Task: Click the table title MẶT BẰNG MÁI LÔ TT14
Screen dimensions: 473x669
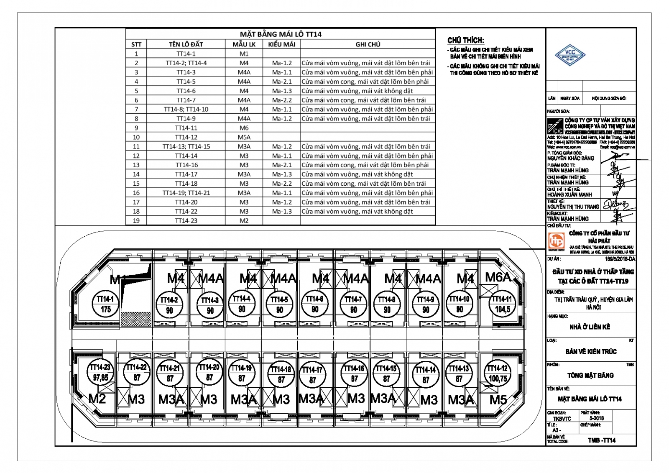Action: tap(281, 34)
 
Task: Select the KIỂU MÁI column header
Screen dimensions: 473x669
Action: tap(281, 44)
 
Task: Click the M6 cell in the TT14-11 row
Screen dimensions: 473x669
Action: tap(244, 128)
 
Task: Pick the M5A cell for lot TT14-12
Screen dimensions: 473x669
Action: tap(244, 137)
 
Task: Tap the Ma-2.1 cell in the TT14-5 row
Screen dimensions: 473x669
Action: tap(282, 82)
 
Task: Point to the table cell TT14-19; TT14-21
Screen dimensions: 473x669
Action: tap(186, 193)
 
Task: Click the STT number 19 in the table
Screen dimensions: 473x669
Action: tap(136, 220)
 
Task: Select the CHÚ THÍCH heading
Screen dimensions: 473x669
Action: tap(465, 40)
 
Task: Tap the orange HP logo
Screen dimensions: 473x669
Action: tap(557, 241)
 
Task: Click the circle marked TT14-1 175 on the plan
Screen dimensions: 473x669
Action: tap(105, 304)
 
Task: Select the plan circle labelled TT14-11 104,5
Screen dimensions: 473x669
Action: tap(502, 304)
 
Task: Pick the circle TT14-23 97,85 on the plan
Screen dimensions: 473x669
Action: tap(100, 372)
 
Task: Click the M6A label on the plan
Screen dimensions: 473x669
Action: tap(498, 277)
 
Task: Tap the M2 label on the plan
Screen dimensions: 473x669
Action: tap(97, 399)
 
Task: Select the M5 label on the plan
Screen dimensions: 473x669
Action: tap(498, 400)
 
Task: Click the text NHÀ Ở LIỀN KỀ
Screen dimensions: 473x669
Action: tap(590, 327)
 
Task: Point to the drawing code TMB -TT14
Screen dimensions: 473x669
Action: tap(602, 440)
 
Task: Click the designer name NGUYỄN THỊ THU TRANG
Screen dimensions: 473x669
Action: tap(573, 207)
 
